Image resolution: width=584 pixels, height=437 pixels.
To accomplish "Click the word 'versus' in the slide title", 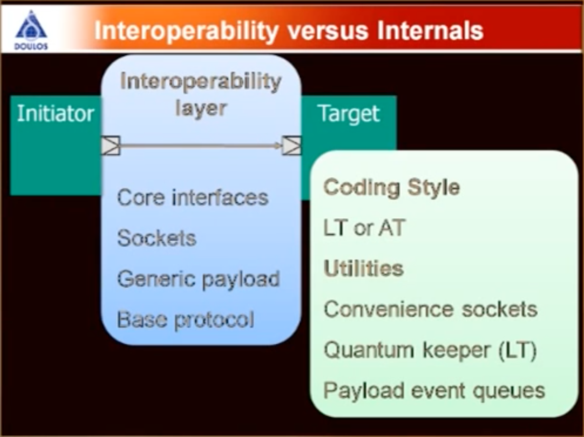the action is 328,31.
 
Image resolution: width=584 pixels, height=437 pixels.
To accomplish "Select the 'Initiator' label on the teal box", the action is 56,113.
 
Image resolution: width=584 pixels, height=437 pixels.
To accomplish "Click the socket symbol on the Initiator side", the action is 111,145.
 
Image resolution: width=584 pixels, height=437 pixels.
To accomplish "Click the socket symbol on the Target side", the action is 292,145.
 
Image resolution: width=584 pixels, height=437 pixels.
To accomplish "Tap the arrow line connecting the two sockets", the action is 201,145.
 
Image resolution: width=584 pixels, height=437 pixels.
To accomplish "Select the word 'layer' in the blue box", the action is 201,109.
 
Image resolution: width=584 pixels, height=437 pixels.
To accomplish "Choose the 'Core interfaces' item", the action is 193,198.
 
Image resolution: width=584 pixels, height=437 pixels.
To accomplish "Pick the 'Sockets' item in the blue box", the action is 157,238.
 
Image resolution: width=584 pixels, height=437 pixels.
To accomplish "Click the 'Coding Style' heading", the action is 392,188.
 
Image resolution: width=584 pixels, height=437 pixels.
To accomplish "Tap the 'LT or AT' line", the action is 364,228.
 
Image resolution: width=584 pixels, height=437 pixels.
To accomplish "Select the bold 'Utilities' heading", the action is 364,268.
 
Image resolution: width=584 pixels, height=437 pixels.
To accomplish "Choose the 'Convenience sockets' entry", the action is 430,309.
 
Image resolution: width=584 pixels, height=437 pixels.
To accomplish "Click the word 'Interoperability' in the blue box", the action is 201,81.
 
